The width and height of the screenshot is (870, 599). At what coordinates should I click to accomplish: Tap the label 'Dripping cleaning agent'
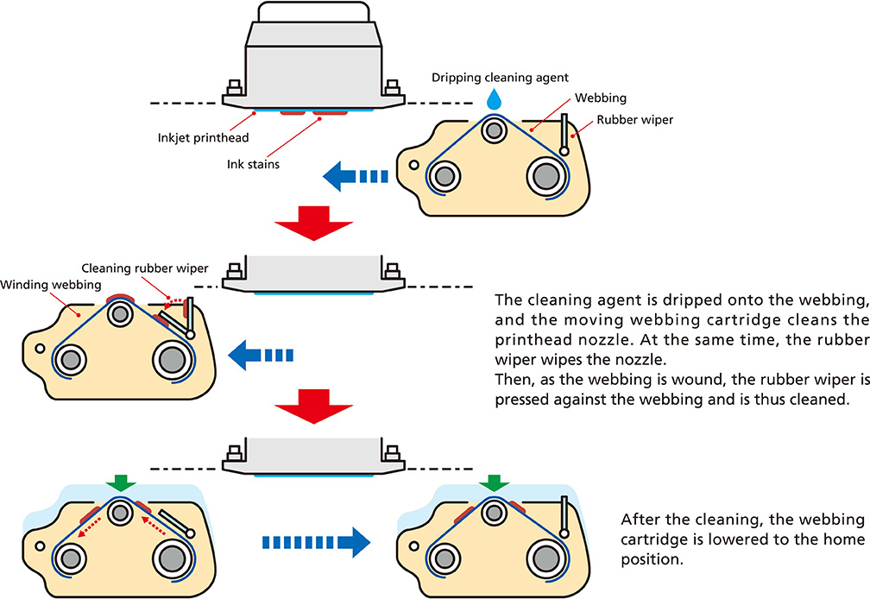coord(500,78)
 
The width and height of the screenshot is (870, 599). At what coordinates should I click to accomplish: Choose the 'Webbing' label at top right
coord(601,99)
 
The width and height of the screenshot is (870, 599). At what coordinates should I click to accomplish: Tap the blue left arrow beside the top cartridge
coord(355,177)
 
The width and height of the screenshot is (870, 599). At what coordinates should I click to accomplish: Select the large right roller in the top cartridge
coord(545,177)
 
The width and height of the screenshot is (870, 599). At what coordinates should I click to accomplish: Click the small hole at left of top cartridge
coord(414,164)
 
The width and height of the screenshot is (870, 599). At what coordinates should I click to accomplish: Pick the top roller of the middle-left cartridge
coord(119,317)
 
